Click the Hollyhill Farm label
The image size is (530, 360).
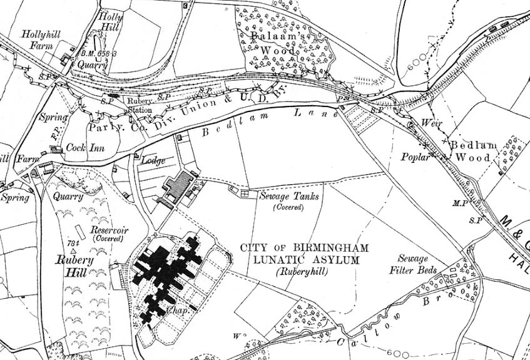pyautogui.click(x=41, y=39)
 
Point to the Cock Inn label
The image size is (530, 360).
pyautogui.click(x=87, y=148)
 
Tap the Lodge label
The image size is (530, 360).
pyautogui.click(x=153, y=161)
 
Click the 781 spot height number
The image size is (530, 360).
pyautogui.click(x=73, y=243)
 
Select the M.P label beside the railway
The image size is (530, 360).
pyautogui.click(x=461, y=204)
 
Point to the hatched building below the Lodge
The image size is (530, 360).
pyautogui.click(x=176, y=186)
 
